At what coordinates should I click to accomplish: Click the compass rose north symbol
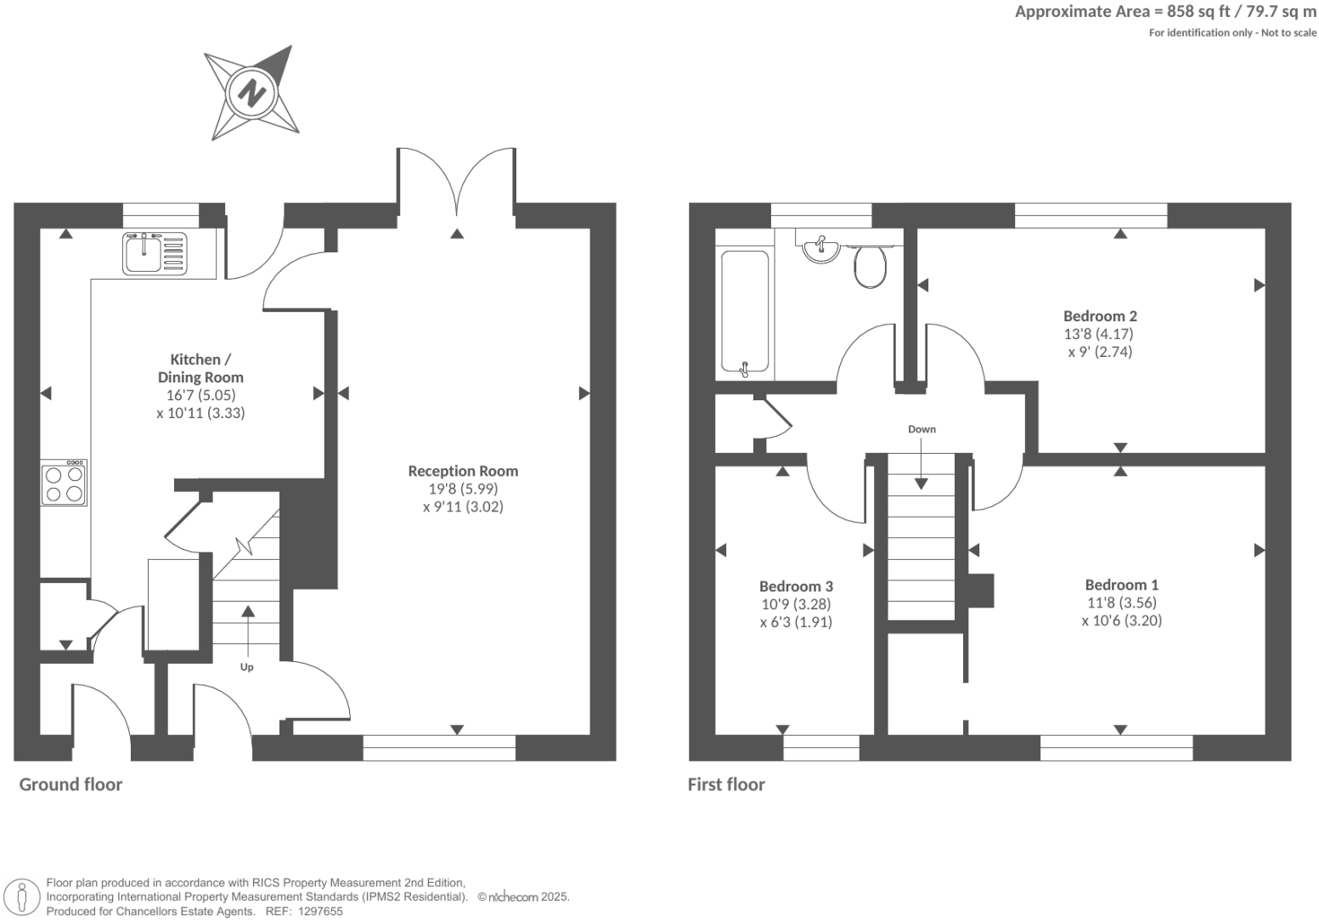pos(251,92)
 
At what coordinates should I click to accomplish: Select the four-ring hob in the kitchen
pos(64,483)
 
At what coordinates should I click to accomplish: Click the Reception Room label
pos(463,471)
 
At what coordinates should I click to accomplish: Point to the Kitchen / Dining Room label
pos(200,368)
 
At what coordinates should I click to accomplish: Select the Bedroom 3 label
pos(796,586)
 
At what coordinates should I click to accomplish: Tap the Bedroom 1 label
pos(1121,585)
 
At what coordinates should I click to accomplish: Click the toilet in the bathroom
pos(870,265)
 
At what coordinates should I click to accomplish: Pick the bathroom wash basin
pos(820,249)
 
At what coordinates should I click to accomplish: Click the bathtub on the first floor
pos(745,312)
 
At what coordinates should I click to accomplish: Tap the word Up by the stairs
pos(246,667)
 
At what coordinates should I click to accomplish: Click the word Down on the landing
pos(922,429)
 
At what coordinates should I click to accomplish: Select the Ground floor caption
pos(70,784)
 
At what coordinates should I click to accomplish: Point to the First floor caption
pos(726,784)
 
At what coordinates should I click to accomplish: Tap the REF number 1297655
pos(317,911)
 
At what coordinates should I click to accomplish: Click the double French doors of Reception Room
pos(456,183)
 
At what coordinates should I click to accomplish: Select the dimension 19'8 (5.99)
pos(463,489)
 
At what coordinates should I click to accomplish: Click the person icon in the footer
pos(23,897)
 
